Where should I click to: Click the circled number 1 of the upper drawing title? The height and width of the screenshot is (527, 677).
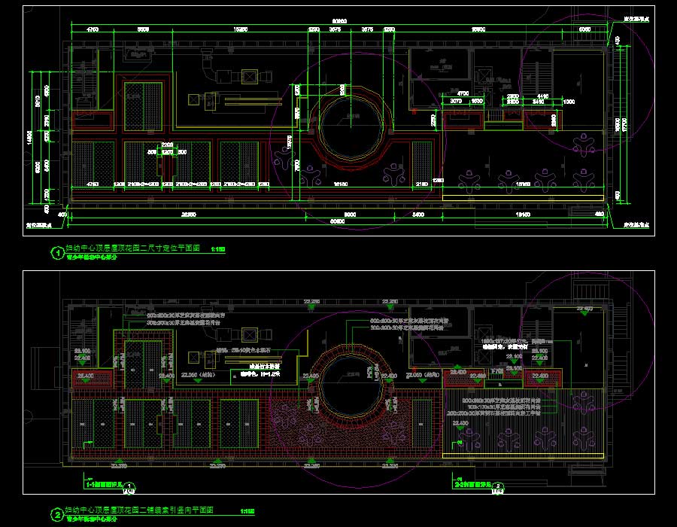tap(56, 253)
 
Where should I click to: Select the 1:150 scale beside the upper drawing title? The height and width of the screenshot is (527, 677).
tap(218, 248)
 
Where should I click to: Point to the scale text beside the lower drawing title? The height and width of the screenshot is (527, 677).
tap(247, 512)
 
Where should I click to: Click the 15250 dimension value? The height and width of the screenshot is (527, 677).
tap(241, 29)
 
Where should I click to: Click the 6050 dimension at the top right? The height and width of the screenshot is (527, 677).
tap(584, 29)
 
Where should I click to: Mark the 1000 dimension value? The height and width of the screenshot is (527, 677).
tap(569, 101)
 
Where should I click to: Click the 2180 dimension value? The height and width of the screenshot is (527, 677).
tap(421, 184)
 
